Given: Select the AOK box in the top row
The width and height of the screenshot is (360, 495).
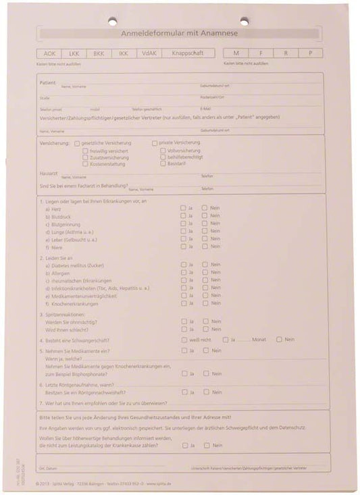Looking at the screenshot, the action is [x=49, y=53].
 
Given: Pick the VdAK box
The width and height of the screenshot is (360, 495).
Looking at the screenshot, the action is [x=150, y=53].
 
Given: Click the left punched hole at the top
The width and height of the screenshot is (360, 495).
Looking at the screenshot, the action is [x=112, y=21].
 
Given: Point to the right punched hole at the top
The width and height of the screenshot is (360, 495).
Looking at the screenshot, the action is [x=244, y=21].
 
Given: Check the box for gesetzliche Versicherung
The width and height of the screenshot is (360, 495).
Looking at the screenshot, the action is [x=77, y=143].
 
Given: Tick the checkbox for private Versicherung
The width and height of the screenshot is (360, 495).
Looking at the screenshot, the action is [x=155, y=143].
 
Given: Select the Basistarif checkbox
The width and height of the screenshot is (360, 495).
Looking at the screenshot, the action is [x=163, y=163].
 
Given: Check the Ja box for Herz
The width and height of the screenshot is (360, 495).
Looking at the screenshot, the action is [x=183, y=208].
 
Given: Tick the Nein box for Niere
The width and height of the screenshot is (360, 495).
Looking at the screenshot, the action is [x=205, y=246].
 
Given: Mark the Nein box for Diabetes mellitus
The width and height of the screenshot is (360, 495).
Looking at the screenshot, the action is [x=205, y=265].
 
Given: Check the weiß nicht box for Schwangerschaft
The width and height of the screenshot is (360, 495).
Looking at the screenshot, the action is [x=184, y=340].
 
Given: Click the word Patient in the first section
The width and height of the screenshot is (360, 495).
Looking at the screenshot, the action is [x=47, y=82].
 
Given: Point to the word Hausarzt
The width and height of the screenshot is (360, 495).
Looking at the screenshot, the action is [x=49, y=174].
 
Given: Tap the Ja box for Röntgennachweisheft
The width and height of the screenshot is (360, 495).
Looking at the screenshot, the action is [x=183, y=392].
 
